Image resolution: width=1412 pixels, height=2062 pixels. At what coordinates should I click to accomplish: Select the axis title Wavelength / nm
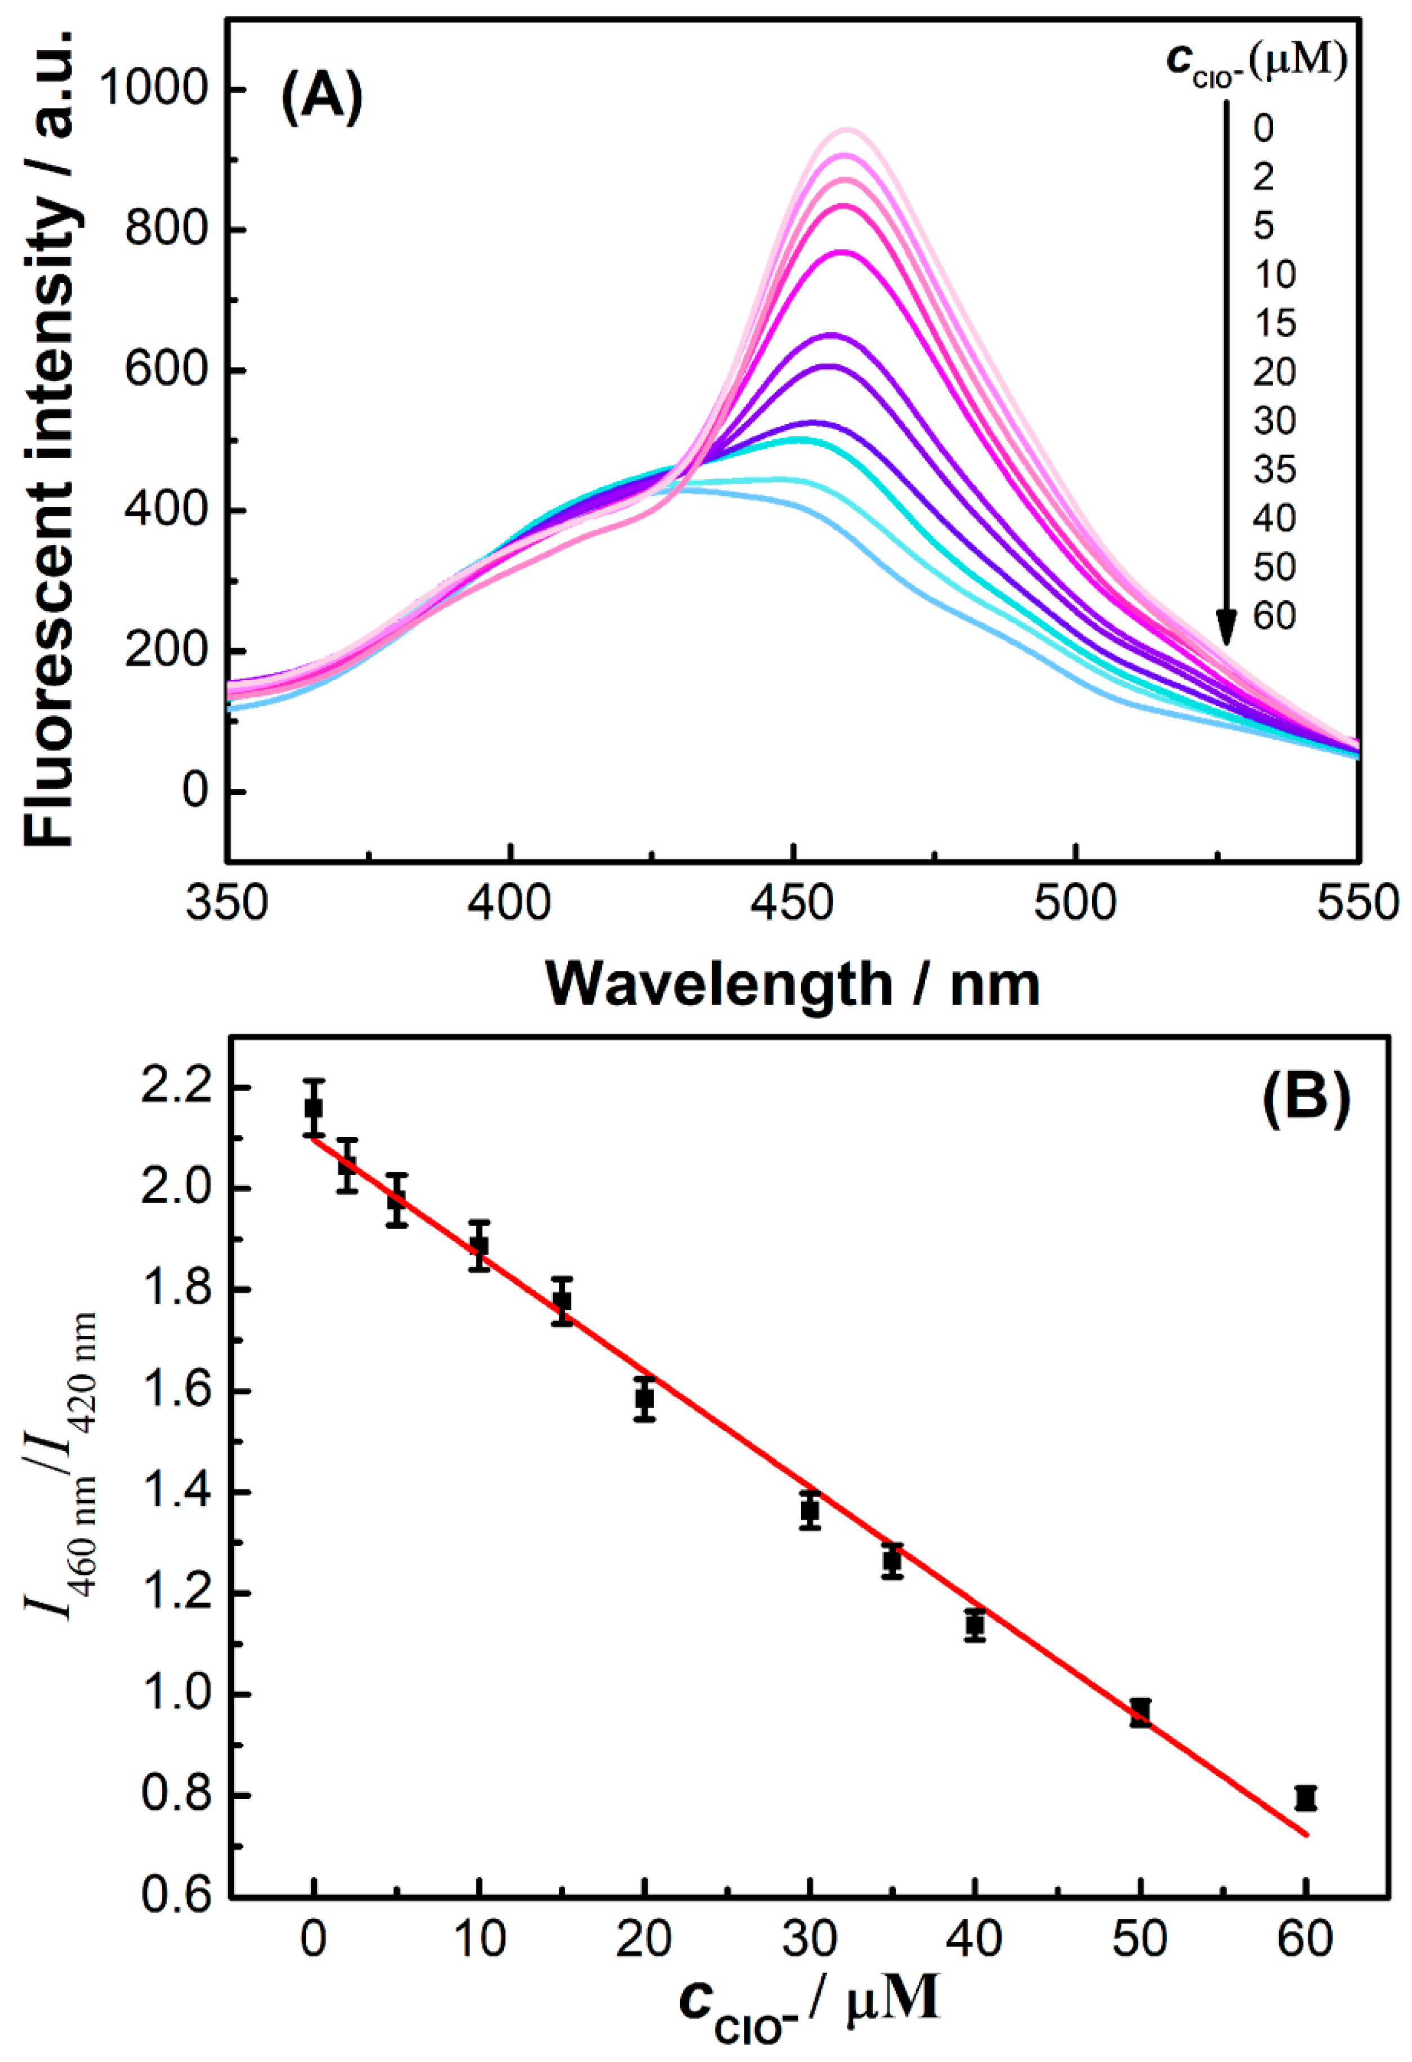(792, 984)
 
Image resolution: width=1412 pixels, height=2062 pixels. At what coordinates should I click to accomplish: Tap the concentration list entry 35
(1275, 470)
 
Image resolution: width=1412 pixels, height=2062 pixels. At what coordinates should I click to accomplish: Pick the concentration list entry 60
(1275, 616)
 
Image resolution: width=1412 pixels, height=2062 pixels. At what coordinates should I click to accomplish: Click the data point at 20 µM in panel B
(645, 1399)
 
